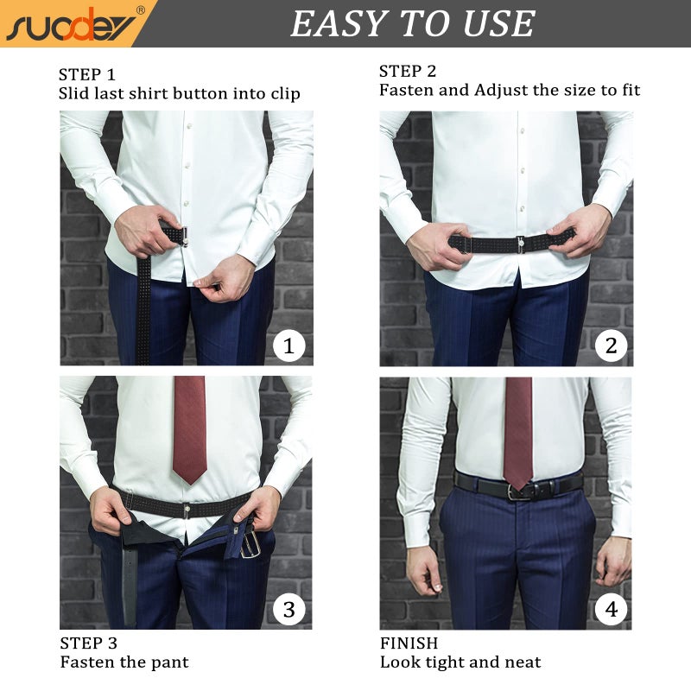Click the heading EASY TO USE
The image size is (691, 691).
413,23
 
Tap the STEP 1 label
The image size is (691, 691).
87,73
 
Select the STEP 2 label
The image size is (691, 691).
409,71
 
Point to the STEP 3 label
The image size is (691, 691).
88,643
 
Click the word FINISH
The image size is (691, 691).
409,643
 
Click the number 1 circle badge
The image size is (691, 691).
288,346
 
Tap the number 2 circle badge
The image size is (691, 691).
611,346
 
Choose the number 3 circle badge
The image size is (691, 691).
288,610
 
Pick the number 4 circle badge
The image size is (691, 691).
611,610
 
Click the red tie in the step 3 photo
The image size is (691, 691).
189,428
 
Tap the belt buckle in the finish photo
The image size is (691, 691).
520,492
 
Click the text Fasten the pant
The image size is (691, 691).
124,662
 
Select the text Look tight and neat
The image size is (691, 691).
460,662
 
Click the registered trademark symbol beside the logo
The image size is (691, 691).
140,10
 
